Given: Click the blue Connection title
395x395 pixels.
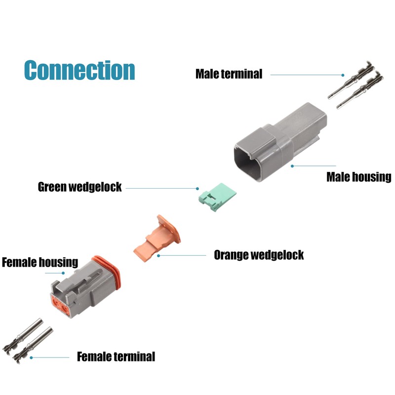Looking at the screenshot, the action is point(79,70).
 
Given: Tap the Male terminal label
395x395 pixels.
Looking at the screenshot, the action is point(229,74).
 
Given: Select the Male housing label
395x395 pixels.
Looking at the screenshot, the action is point(358,177).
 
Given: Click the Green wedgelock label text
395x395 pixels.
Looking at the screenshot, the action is point(79,187).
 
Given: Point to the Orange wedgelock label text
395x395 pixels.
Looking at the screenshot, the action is point(258,255).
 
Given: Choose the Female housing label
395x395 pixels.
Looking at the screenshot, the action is point(40,262).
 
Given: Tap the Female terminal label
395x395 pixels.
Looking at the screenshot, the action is point(116,356).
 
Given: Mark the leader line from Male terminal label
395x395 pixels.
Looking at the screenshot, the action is point(306,75).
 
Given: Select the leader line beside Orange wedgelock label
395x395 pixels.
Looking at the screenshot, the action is point(183,255).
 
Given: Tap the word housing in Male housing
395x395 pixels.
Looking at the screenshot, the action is point(374,177).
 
